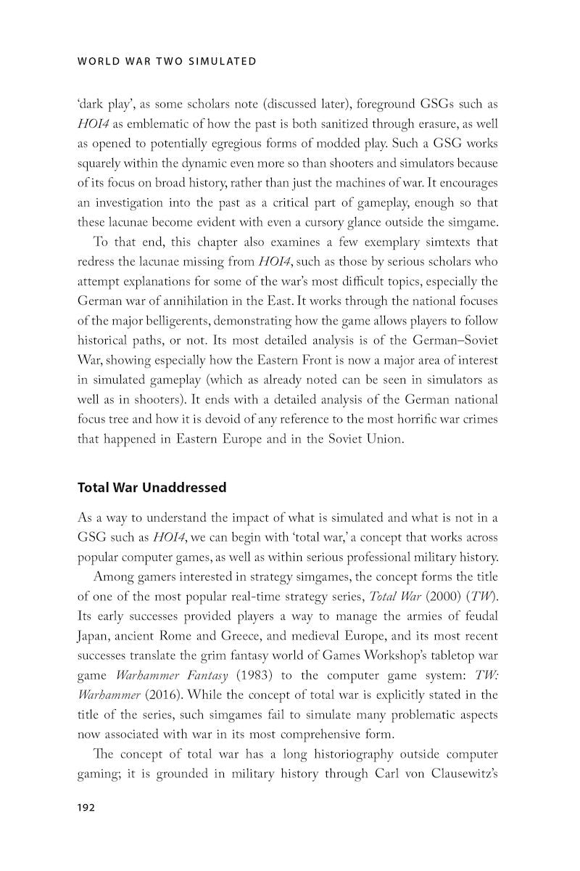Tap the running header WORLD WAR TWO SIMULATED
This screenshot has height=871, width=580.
(167, 61)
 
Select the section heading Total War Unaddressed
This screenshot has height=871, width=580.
(152, 488)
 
